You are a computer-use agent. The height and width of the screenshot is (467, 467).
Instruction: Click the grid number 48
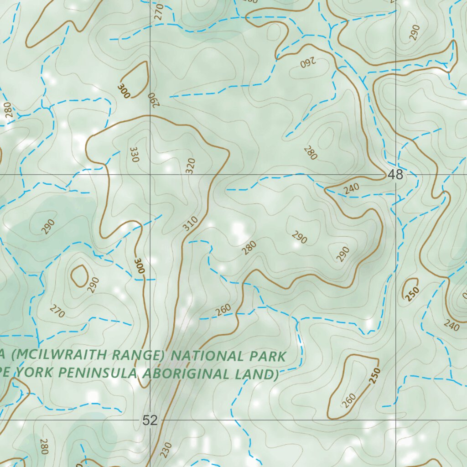pos(396,175)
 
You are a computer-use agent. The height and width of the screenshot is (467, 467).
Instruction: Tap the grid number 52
pos(150,420)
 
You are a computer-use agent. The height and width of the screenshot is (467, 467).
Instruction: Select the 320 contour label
pos(191,166)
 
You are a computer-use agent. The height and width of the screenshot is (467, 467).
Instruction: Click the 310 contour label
pos(191,223)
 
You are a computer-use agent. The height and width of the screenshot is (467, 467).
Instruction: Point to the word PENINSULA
pos(98,373)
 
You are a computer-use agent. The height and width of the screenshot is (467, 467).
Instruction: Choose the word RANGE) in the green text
pos(135,355)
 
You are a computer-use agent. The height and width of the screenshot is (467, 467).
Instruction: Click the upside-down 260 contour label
pos(309,62)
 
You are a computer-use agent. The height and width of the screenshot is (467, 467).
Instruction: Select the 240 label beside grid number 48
pos(352,188)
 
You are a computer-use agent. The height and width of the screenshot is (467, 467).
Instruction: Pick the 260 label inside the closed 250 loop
pos(348,400)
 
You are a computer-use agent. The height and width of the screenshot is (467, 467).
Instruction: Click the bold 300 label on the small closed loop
pos(123,90)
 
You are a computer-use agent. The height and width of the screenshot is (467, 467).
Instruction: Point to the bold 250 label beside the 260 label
pos(374,375)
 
